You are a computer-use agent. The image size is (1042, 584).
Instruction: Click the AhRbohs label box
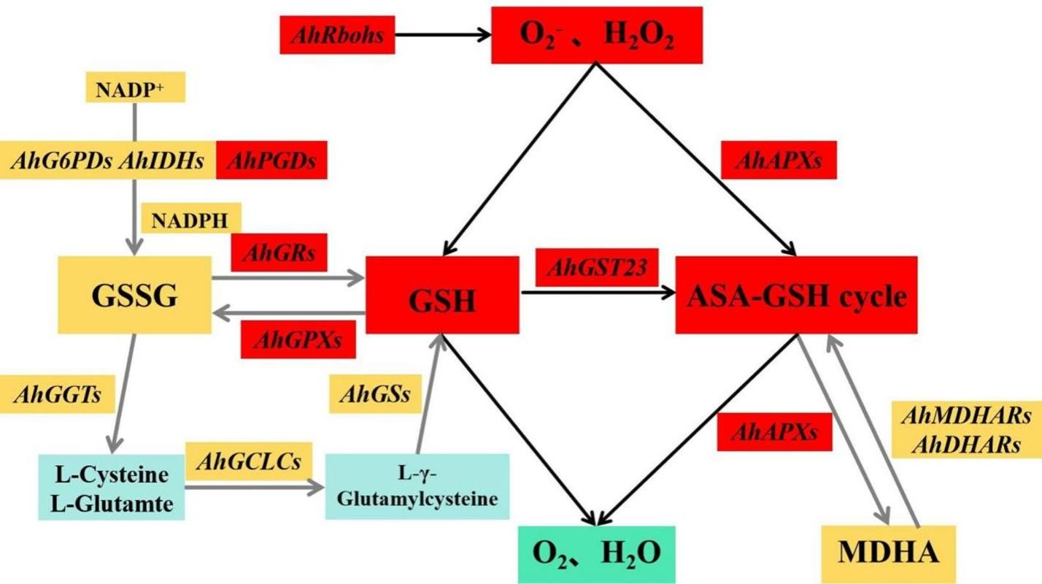click(337, 35)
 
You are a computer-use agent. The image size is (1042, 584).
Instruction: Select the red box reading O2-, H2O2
click(596, 35)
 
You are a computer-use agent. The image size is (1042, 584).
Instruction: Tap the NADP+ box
click(135, 88)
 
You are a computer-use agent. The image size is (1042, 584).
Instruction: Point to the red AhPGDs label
click(271, 160)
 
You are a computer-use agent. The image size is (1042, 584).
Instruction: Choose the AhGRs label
click(278, 253)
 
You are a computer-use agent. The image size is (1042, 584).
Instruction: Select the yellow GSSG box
click(134, 295)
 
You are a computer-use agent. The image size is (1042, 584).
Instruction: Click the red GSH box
click(442, 295)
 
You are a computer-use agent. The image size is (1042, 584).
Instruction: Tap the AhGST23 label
click(592, 268)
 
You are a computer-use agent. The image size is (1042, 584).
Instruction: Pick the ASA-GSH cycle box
click(795, 295)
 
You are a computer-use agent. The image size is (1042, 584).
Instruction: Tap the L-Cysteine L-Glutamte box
click(112, 487)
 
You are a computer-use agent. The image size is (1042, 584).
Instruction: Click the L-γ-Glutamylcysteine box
click(417, 486)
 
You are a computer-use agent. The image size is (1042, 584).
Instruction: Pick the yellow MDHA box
click(887, 553)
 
